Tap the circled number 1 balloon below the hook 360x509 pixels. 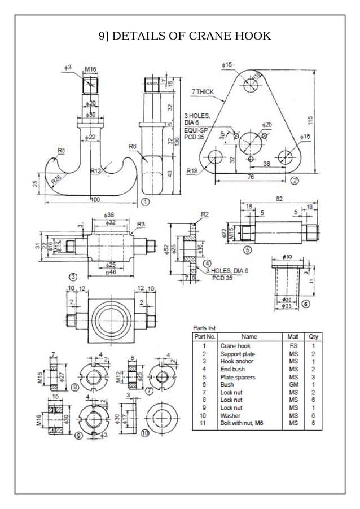click(x=145, y=201)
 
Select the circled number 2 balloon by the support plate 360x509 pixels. click(x=295, y=181)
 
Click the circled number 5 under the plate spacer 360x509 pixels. click(x=247, y=249)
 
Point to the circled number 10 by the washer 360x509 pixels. click(x=146, y=433)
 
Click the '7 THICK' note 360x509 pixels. click(x=203, y=91)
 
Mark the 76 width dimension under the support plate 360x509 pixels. click(x=250, y=177)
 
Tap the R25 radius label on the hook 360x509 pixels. click(x=56, y=179)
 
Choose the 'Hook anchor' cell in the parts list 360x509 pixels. click(x=236, y=361)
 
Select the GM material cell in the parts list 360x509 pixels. click(x=293, y=384)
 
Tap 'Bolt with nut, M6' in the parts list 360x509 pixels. click(x=242, y=423)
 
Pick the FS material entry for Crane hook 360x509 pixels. click(x=293, y=346)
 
